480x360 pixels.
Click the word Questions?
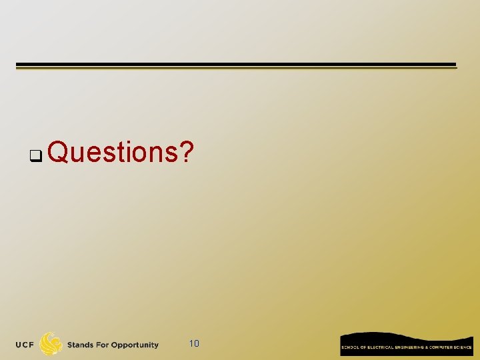click(x=121, y=153)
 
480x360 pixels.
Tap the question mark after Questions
click(x=187, y=153)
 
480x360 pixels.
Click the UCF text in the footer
click(x=26, y=345)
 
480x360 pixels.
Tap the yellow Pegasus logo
click(x=51, y=344)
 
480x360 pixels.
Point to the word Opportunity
click(x=135, y=345)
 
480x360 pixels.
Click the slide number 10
click(x=194, y=344)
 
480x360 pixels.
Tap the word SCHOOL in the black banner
click(x=350, y=347)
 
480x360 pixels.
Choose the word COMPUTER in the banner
click(x=443, y=347)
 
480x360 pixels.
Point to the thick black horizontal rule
click(x=236, y=65)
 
